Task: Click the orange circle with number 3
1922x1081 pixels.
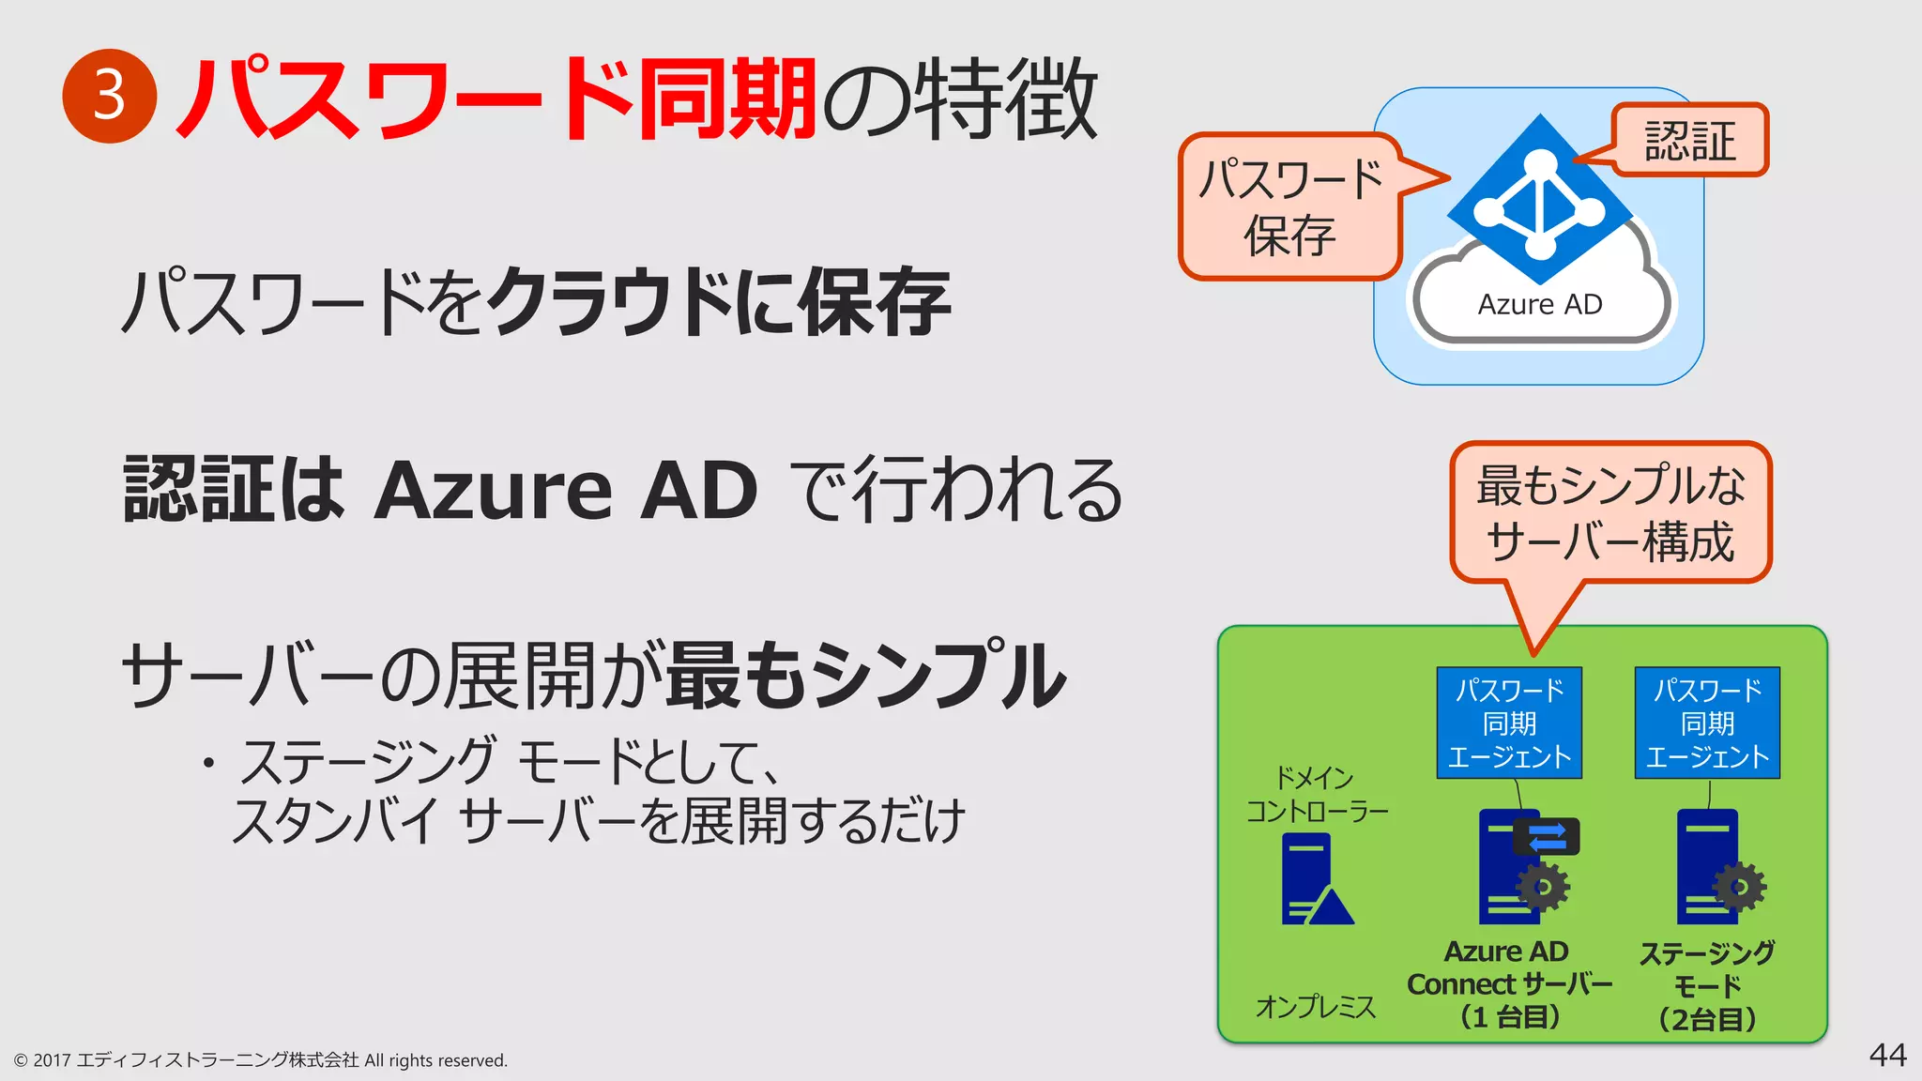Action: tap(109, 96)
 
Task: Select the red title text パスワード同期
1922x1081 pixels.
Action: tap(497, 99)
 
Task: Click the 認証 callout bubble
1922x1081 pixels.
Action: tap(1689, 140)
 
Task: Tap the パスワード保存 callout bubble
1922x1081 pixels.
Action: tap(1290, 207)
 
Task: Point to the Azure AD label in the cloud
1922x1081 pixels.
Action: tap(1540, 305)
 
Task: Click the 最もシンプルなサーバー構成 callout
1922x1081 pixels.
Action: tap(1610, 513)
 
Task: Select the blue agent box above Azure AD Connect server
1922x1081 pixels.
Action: tap(1509, 723)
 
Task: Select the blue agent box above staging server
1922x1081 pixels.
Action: tap(1707, 723)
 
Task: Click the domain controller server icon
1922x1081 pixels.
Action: tap(1314, 879)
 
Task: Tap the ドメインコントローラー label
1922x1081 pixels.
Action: tap(1316, 794)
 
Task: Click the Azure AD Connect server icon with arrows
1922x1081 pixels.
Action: tap(1520, 868)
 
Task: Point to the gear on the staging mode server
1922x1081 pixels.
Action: tap(1739, 887)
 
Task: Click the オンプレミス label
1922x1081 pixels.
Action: tap(1316, 1007)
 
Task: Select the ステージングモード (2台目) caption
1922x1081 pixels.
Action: tap(1707, 985)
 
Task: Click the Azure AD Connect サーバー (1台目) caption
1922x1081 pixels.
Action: tap(1509, 983)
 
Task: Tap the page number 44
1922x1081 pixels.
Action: tap(1887, 1055)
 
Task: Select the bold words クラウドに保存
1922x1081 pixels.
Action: tap(718, 302)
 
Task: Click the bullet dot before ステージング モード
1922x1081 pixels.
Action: tap(208, 762)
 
